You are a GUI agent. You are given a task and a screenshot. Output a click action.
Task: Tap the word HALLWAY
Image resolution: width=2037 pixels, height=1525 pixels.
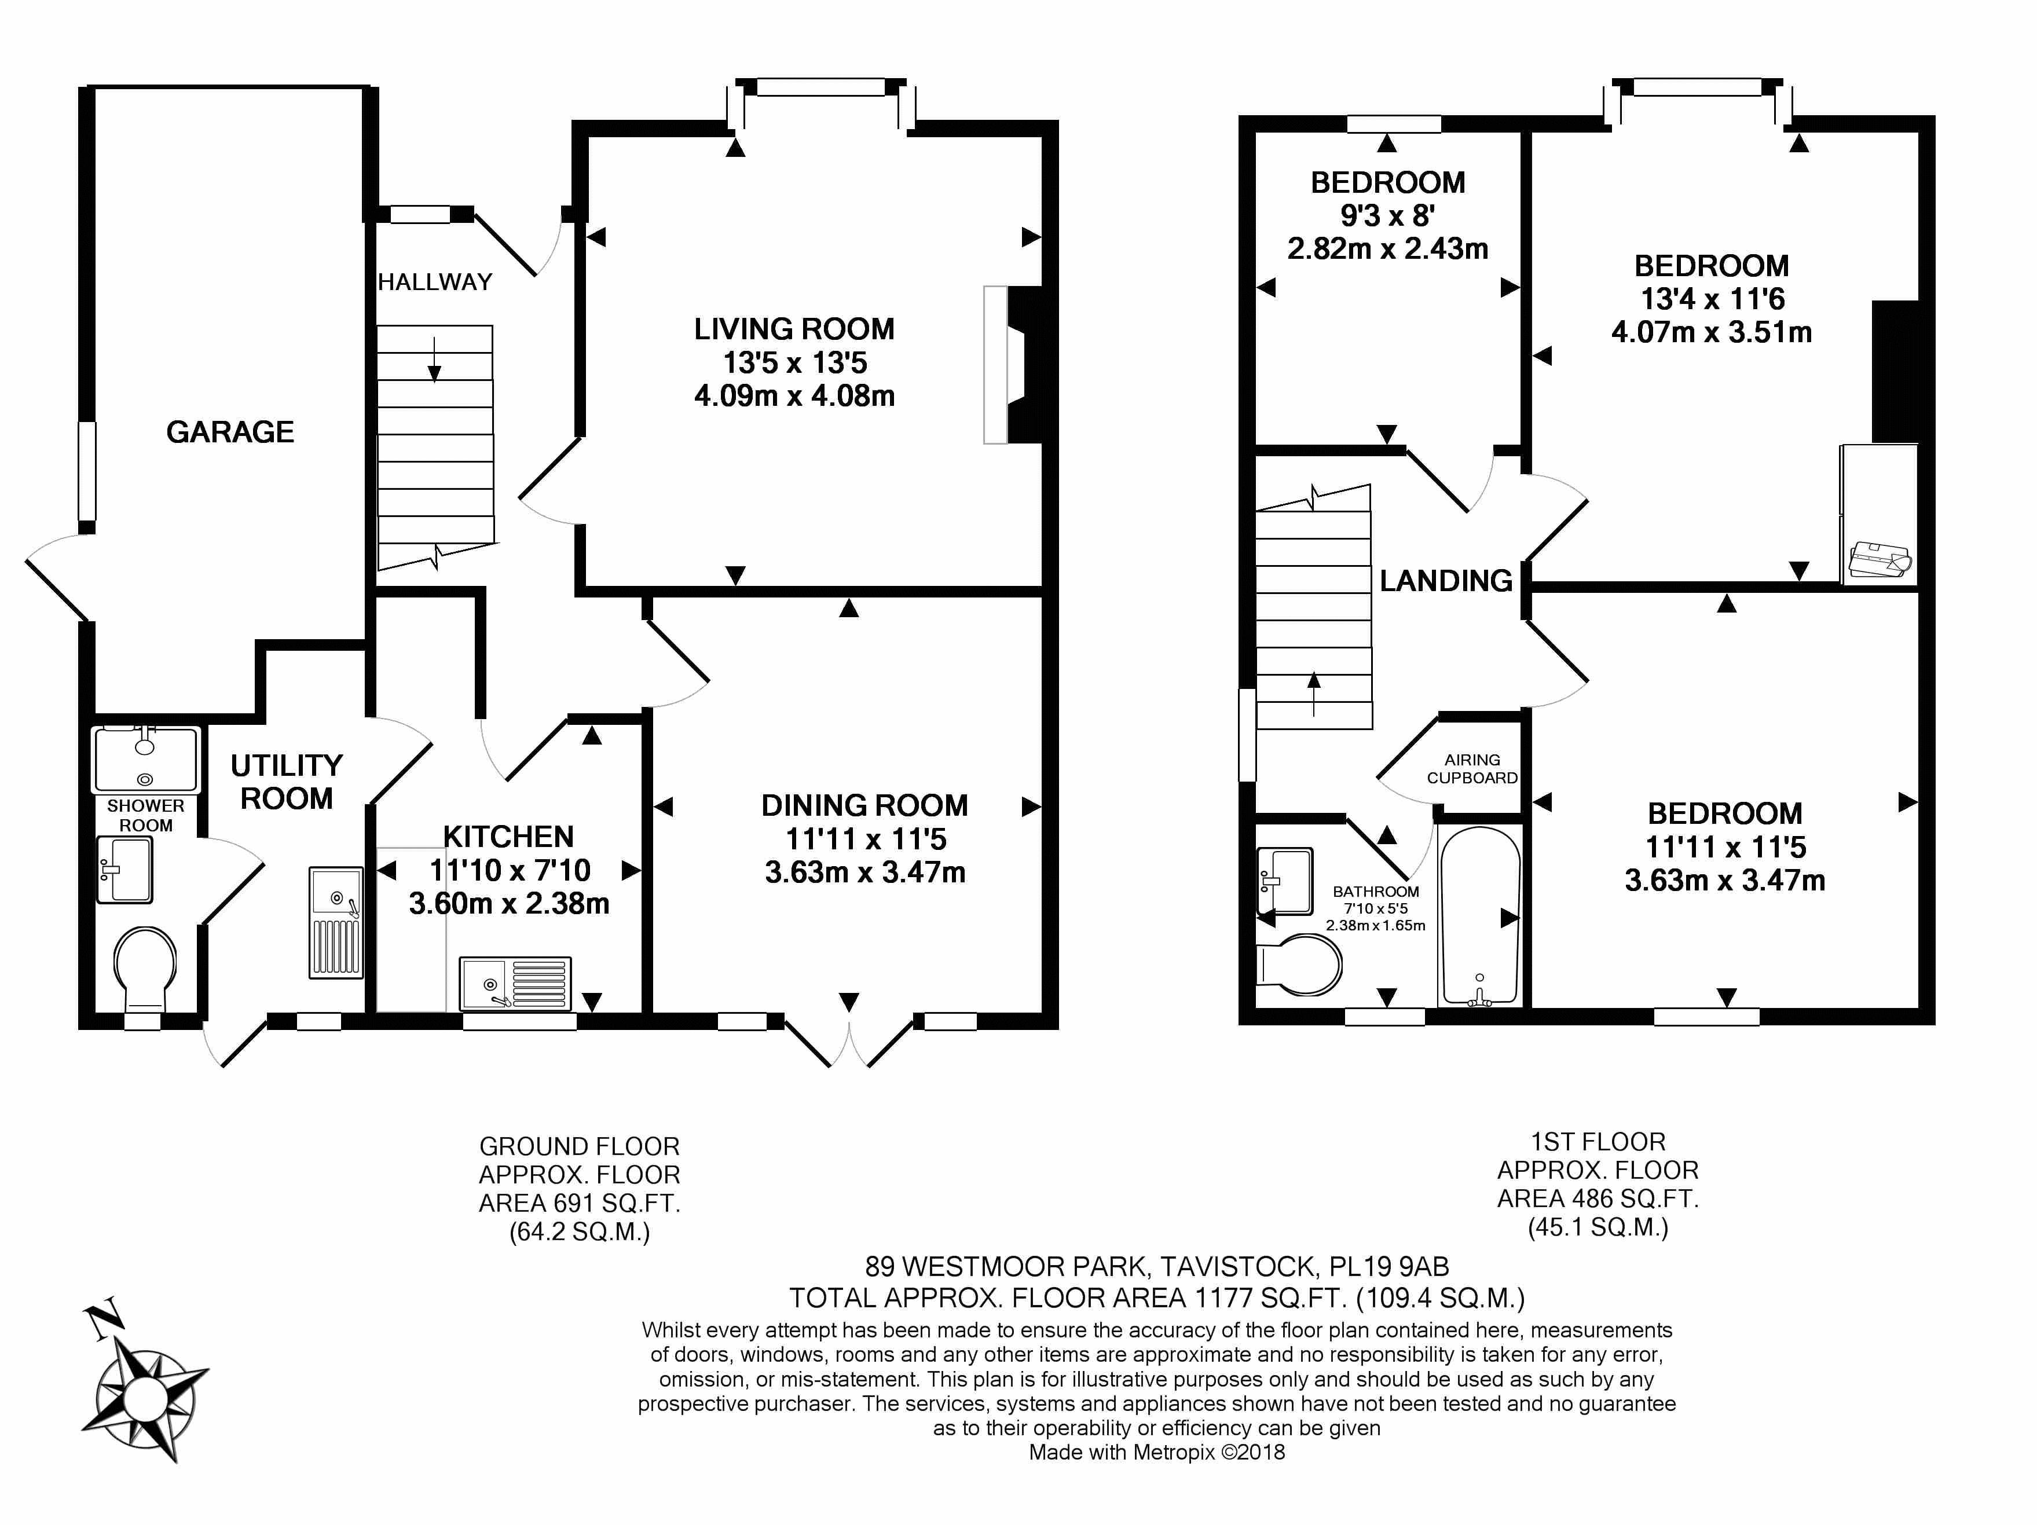tap(435, 282)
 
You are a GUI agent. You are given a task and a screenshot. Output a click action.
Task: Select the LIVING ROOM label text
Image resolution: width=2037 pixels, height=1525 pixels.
tap(794, 329)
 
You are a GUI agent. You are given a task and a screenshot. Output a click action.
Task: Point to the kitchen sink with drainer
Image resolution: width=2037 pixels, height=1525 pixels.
tap(516, 982)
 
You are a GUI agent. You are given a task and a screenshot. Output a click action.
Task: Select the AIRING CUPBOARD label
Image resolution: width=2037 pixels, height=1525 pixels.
tap(1471, 768)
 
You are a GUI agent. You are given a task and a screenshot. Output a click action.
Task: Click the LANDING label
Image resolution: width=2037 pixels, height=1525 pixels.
tap(1446, 580)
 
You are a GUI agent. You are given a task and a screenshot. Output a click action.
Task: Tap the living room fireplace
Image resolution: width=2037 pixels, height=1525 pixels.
tap(1013, 365)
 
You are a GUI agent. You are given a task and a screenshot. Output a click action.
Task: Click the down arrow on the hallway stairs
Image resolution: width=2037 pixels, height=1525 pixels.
tap(434, 359)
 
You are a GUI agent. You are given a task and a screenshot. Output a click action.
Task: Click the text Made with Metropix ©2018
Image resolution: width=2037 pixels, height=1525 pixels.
tap(1157, 1452)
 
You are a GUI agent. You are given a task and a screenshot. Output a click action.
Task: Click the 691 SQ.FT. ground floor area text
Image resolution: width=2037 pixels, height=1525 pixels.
tap(616, 1203)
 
